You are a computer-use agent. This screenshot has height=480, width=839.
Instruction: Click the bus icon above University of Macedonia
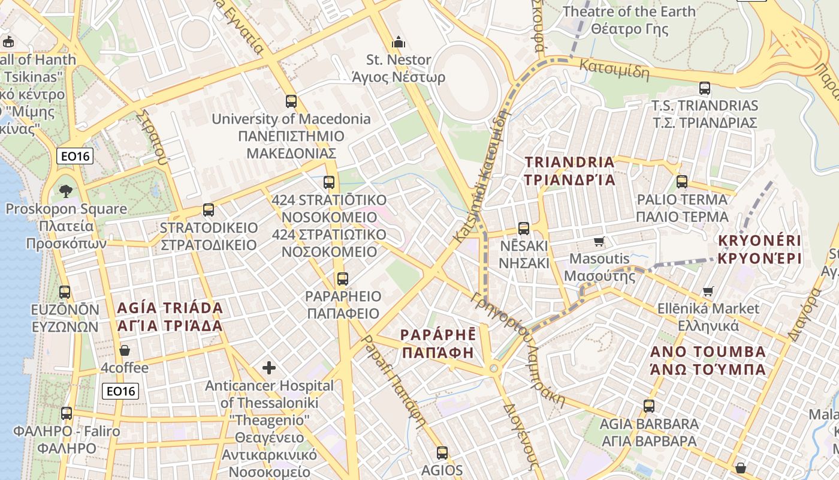291,101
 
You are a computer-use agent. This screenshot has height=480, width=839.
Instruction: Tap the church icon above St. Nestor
399,42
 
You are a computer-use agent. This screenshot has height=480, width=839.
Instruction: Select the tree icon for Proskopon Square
66,191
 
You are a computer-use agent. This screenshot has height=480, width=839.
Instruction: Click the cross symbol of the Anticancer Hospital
269,367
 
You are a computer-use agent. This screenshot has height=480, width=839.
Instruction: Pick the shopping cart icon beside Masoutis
598,241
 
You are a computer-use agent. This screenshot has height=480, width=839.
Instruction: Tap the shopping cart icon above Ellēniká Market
708,291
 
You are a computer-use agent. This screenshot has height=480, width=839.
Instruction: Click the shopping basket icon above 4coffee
125,350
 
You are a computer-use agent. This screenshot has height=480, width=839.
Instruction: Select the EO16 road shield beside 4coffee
120,391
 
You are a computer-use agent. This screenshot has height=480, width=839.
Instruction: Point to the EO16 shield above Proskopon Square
76,157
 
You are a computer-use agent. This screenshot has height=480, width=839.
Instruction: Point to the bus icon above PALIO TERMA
682,182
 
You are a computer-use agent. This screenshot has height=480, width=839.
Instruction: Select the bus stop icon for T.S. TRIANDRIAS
705,88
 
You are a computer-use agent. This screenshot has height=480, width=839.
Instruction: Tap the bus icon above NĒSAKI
524,228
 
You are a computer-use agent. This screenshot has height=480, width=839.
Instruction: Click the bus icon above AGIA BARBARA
649,406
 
